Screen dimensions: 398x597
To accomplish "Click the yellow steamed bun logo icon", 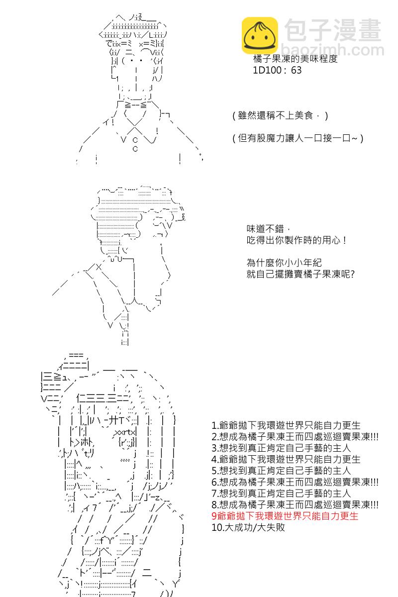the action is pyautogui.click(x=260, y=35).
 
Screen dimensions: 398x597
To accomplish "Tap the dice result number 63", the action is pyautogui.click(x=296, y=70).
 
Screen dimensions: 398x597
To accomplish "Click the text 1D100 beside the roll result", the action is pyautogui.click(x=267, y=70).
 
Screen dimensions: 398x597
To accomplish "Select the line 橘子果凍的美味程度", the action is pyautogui.click(x=296, y=59).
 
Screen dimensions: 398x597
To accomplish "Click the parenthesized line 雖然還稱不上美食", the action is pyautogui.click(x=280, y=115).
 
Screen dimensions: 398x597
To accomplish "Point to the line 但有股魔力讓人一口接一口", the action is pyautogui.click(x=298, y=138).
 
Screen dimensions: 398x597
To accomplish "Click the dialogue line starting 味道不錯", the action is pyautogui.click(x=268, y=229).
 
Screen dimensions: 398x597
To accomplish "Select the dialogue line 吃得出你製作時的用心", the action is pyautogui.click(x=297, y=240).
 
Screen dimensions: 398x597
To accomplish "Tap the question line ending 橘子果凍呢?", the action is pyautogui.click(x=300, y=274).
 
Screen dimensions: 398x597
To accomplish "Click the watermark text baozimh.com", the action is pyautogui.click(x=332, y=50).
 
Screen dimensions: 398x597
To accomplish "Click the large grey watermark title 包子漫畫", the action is pyautogui.click(x=333, y=30).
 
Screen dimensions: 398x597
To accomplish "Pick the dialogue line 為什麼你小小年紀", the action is pyautogui.click(x=284, y=263).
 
